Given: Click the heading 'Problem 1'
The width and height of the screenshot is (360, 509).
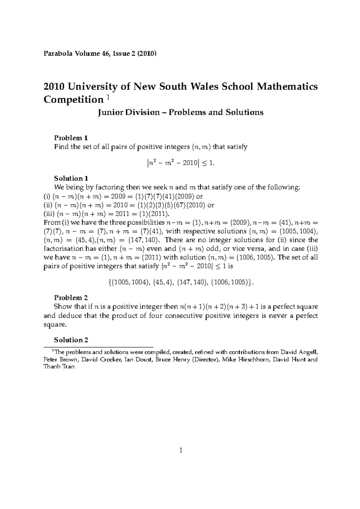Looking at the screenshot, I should pyautogui.click(x=71, y=138).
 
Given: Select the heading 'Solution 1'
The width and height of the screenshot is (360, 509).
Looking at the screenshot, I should pyautogui.click(x=71, y=178).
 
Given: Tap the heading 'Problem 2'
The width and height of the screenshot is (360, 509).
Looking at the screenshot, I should pyautogui.click(x=71, y=298).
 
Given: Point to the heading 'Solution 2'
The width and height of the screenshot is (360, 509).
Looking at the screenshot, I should pyautogui.click(x=71, y=340).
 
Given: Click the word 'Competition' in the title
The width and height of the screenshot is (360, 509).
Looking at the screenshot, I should pyautogui.click(x=73, y=100).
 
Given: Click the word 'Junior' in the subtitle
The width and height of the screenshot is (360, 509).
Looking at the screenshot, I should pyautogui.click(x=109, y=112).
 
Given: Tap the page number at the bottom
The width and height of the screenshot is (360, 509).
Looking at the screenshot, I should pyautogui.click(x=180, y=450).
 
